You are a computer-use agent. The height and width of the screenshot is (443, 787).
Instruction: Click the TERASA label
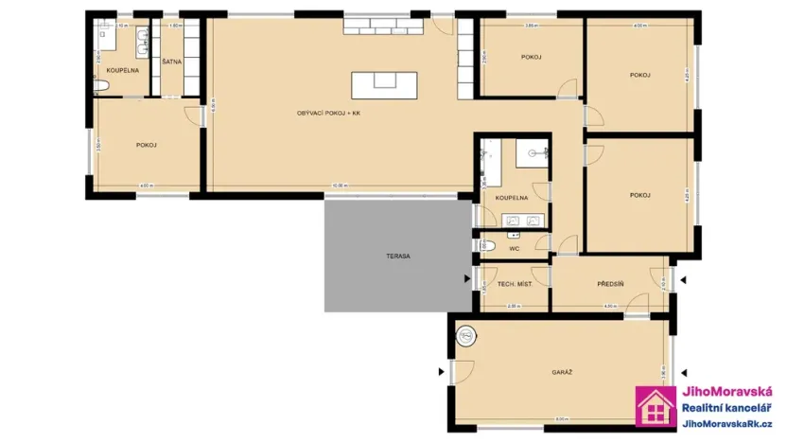(x=397, y=257)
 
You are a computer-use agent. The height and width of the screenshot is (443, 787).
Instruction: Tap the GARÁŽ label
(x=562, y=372)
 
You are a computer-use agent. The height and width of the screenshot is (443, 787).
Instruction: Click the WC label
(x=515, y=249)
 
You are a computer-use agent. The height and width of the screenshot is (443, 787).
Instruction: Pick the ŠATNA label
(x=172, y=62)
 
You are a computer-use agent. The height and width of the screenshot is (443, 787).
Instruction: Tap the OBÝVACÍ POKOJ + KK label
(x=329, y=113)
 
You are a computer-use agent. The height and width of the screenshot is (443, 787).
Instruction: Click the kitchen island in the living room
(x=384, y=85)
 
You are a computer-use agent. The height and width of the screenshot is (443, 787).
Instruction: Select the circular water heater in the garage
(x=466, y=334)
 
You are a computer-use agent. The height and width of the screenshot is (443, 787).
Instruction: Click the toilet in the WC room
(x=483, y=245)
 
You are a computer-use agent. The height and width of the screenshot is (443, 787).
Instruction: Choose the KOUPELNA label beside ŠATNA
(x=123, y=71)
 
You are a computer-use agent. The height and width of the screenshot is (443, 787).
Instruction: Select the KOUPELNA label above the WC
(x=511, y=198)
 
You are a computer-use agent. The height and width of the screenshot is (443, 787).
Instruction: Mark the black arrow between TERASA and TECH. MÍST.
(x=466, y=279)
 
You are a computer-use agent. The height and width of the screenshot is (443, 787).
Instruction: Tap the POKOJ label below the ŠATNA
(x=146, y=145)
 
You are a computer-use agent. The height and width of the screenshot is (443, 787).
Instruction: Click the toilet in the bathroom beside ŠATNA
(x=103, y=87)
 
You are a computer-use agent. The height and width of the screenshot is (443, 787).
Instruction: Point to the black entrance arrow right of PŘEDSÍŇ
(x=683, y=280)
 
